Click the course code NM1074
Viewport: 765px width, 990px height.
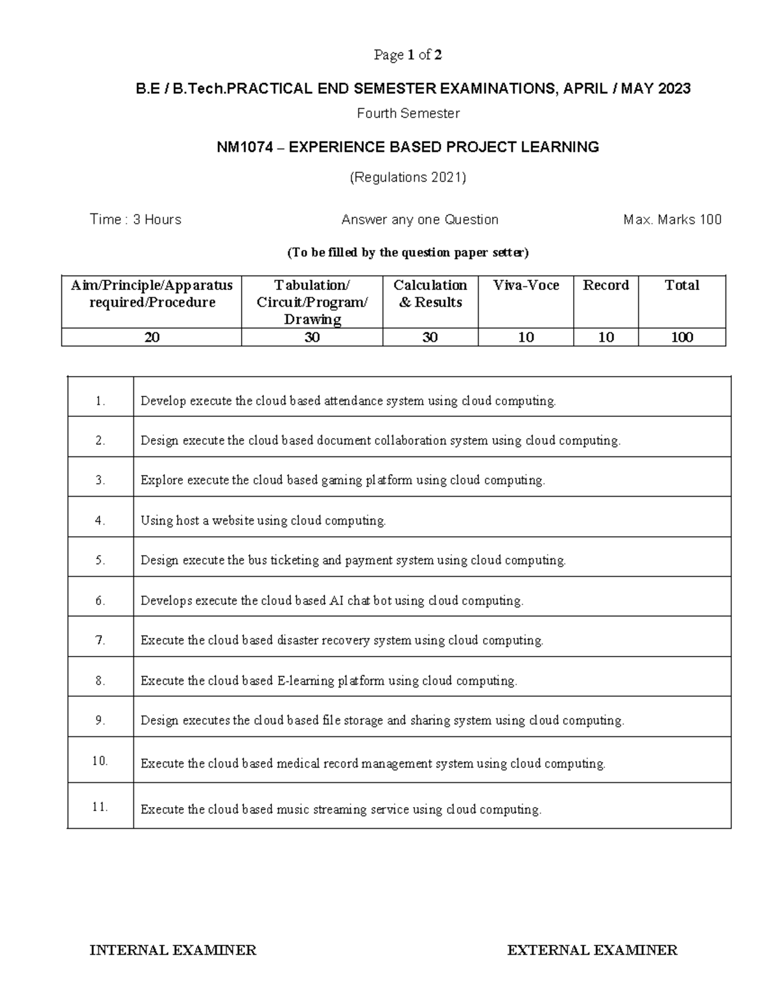[245, 147]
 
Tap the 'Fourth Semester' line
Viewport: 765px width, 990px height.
[408, 113]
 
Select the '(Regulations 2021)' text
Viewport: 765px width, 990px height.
[408, 177]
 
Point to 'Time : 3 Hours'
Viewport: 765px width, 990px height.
[136, 220]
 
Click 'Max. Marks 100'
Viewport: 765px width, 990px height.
[673, 220]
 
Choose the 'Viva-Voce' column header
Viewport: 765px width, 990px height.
[526, 286]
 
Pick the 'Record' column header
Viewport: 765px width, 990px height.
[606, 286]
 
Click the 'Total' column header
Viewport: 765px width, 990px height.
[681, 286]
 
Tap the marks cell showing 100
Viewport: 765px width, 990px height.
[681, 337]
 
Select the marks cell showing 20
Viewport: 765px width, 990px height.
[152, 337]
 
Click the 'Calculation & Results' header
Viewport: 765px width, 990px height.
[430, 294]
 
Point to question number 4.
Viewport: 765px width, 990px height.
[100, 520]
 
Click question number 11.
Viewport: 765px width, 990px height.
[100, 806]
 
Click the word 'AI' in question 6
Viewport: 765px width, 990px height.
[337, 601]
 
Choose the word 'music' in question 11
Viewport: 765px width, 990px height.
[291, 810]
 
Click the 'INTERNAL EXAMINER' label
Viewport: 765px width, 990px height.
[173, 950]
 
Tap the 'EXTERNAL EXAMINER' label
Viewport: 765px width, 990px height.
[592, 950]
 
